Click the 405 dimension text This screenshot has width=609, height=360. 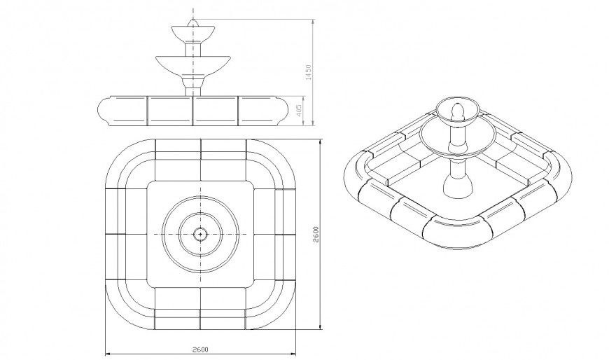click(300, 110)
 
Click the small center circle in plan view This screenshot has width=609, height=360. click(200, 233)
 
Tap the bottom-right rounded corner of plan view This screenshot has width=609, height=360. click(280, 312)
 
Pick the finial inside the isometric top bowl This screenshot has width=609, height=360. click(457, 111)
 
